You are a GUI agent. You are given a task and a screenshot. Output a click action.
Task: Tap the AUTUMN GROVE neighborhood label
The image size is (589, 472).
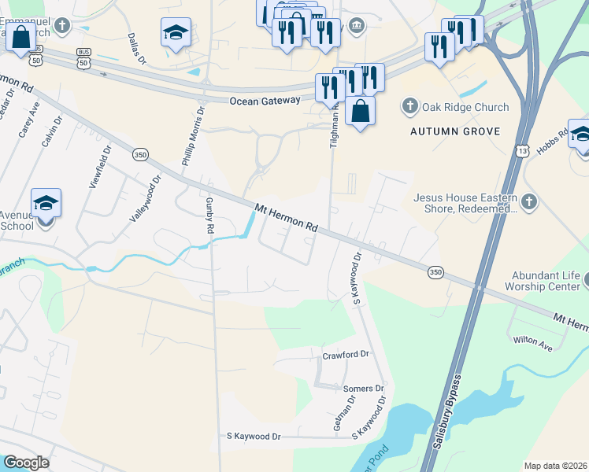click(456, 131)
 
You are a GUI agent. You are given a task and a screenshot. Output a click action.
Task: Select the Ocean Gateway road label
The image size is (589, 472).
click(265, 101)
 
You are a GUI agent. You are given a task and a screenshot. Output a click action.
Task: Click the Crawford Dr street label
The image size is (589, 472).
click(346, 355)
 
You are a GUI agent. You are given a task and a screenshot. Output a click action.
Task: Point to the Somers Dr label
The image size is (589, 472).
click(363, 389)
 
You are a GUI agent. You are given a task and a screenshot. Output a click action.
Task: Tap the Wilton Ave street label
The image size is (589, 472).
click(533, 341)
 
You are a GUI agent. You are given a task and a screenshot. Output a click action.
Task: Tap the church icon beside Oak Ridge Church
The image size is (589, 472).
click(409, 106)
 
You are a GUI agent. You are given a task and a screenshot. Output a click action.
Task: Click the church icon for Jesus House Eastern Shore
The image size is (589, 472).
click(528, 202)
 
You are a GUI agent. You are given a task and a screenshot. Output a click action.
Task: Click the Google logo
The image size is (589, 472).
click(26, 463)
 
